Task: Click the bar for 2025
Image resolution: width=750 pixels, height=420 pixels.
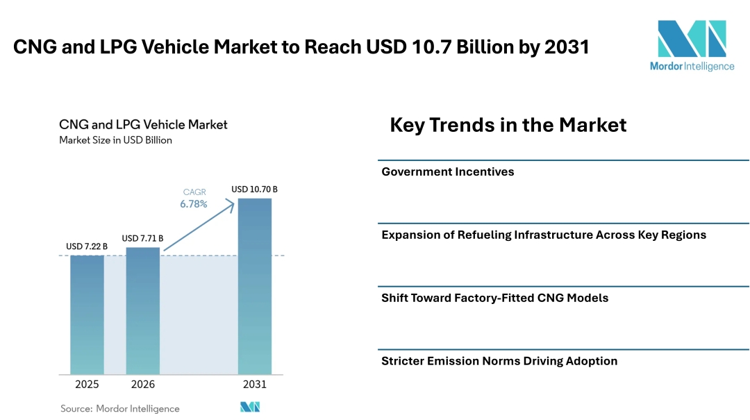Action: (x=87, y=314)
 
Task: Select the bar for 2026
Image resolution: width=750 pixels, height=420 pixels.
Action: (x=142, y=310)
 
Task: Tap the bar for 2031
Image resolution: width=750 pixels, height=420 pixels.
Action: (x=254, y=286)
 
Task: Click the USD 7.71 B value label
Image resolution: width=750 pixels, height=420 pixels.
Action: (x=142, y=238)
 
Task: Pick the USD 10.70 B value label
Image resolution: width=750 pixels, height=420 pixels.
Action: (x=254, y=189)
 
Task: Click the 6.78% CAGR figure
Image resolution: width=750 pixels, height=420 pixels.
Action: (x=194, y=204)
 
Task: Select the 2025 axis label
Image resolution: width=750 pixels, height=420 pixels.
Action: (x=87, y=385)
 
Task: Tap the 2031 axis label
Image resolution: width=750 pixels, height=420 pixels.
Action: (x=254, y=385)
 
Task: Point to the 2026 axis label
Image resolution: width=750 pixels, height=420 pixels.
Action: (x=142, y=385)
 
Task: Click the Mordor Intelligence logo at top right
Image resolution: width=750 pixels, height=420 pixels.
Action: (x=692, y=44)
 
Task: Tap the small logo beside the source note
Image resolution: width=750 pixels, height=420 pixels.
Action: (x=250, y=407)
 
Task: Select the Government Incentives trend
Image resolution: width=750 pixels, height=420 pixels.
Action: (x=448, y=171)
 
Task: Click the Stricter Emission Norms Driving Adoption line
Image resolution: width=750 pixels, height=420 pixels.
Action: (x=499, y=361)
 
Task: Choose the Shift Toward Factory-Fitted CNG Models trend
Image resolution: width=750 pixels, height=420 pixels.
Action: (x=494, y=298)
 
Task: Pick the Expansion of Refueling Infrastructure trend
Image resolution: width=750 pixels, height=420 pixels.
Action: (x=544, y=235)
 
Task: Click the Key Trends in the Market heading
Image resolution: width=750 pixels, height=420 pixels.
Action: (x=508, y=125)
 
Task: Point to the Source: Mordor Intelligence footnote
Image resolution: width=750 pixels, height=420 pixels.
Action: (x=120, y=408)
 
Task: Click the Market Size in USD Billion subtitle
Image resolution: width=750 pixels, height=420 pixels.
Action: (x=115, y=140)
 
